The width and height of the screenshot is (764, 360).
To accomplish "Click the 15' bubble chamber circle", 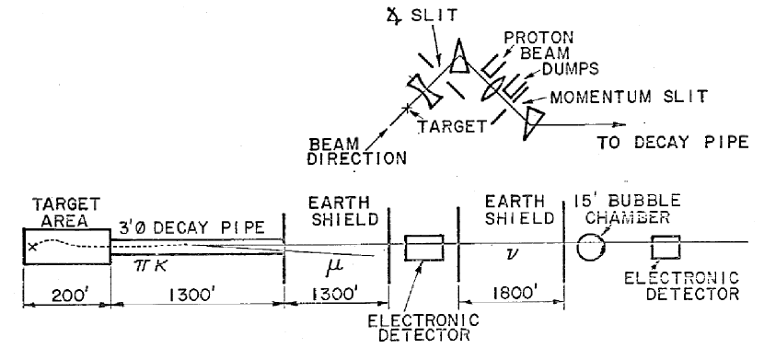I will tap(590, 247).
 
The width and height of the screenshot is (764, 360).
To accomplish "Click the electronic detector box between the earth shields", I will tap(424, 248).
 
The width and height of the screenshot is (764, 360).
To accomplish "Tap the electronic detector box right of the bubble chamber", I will tap(666, 247).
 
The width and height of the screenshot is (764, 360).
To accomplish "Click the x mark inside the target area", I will tap(34, 246).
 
